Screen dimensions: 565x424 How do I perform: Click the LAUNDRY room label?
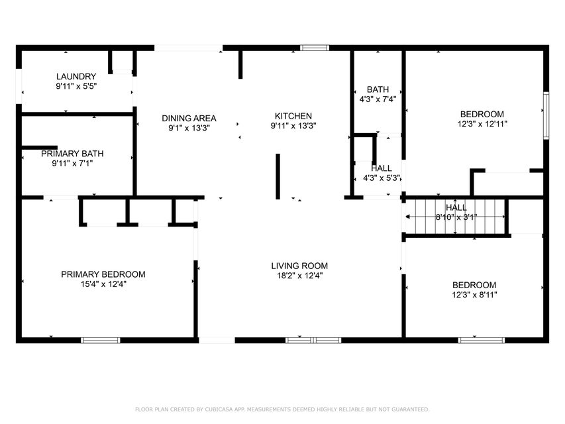76,76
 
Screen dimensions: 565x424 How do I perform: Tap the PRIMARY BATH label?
72,154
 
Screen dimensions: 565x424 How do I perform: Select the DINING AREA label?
189,119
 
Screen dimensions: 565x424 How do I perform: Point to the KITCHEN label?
293,116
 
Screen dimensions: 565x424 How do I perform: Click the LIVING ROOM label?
299,266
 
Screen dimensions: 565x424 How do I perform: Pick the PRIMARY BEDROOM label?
103,274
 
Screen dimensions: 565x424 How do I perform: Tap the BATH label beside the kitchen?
378,89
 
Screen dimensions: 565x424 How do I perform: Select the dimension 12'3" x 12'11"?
482,124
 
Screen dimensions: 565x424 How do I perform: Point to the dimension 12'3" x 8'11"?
474,295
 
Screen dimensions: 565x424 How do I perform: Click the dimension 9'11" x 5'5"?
76,86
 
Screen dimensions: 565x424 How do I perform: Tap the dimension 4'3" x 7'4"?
378,99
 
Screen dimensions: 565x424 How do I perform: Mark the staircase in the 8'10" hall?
456,217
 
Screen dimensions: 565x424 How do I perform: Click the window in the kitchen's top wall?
315,48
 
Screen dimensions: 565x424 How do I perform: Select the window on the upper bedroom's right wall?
546,115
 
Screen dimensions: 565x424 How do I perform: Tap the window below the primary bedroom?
101,340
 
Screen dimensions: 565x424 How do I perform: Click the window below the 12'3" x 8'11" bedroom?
482,340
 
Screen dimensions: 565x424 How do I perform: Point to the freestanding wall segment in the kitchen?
278,176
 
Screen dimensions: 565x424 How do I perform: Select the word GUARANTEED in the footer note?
411,409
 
